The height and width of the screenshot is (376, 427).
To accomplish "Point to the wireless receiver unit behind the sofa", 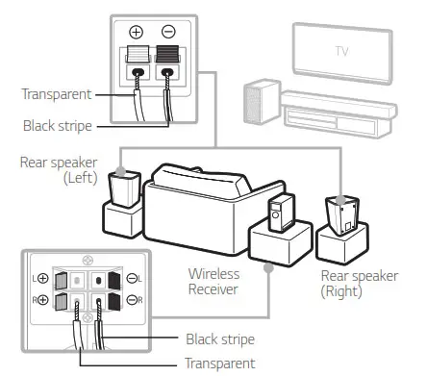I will tap(280, 214).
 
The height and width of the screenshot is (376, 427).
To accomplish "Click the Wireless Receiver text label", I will tap(214, 281).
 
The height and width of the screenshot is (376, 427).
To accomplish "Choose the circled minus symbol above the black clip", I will tap(168, 30).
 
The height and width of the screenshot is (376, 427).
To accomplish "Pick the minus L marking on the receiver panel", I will tap(136, 277).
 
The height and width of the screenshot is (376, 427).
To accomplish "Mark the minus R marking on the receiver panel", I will tap(136, 300).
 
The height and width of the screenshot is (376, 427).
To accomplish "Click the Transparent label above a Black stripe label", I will tap(57, 95).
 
